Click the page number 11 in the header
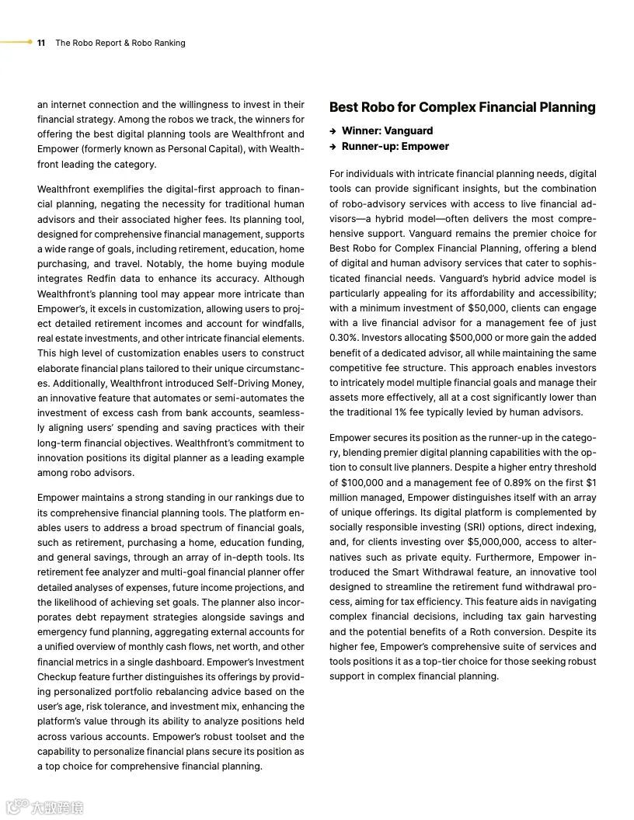click(x=41, y=43)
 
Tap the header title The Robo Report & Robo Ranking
click(x=120, y=43)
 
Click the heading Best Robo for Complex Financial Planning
click(x=462, y=107)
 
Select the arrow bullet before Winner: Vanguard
click(x=333, y=131)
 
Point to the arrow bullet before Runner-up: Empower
click(x=333, y=147)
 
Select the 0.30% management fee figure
click(x=343, y=338)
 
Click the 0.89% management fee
click(x=522, y=482)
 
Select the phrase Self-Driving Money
click(x=260, y=384)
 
